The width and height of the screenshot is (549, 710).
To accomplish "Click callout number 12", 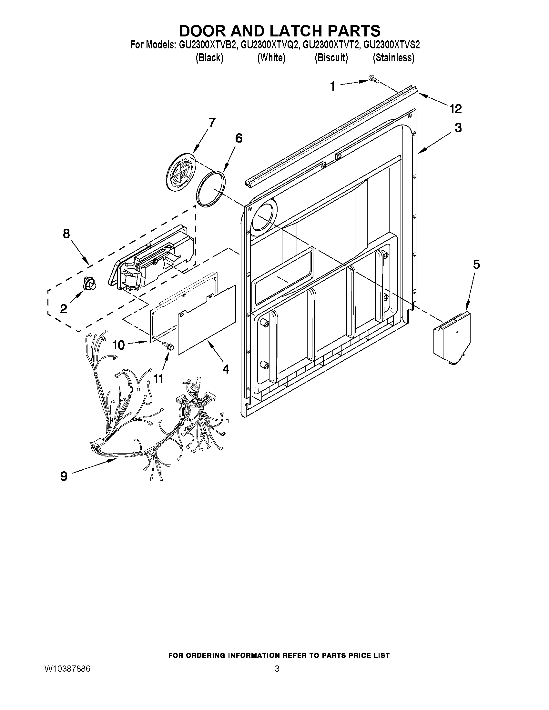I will [x=456, y=109].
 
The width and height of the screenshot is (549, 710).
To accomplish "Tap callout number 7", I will [x=212, y=123].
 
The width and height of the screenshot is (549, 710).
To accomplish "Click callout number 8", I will [x=66, y=234].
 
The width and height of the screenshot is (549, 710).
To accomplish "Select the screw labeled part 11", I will [x=168, y=345].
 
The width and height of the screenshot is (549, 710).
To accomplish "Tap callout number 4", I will [x=225, y=369].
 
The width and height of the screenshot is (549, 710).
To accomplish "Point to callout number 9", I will [x=64, y=476].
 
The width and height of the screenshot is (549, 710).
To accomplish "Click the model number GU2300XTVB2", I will [x=207, y=45].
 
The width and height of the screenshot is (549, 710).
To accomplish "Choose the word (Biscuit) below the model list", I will [x=331, y=58].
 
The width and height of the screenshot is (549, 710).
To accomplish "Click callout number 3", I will [x=458, y=128].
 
